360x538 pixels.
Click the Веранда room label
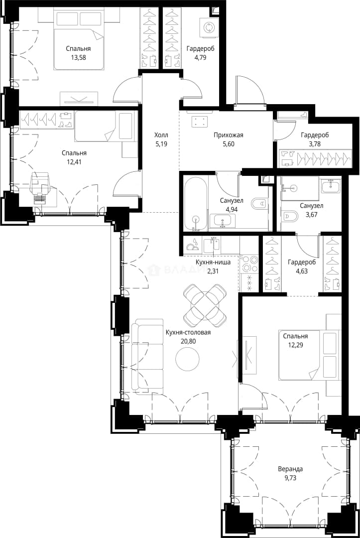(x=290, y=469)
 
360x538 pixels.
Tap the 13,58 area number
(x=78, y=57)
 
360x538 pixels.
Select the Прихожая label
(x=229, y=135)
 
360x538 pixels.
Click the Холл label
(x=161, y=135)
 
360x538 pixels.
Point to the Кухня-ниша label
(x=213, y=262)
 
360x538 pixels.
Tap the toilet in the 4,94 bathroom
(x=259, y=203)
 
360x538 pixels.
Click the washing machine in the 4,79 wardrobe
(x=209, y=27)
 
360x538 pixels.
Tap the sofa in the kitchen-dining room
(x=147, y=356)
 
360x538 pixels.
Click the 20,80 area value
(x=188, y=341)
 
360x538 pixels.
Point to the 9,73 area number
(x=290, y=477)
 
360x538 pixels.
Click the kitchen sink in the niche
(x=211, y=245)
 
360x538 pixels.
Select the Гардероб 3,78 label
(x=315, y=139)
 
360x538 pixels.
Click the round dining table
(x=205, y=305)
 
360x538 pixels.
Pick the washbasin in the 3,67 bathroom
(x=331, y=186)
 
